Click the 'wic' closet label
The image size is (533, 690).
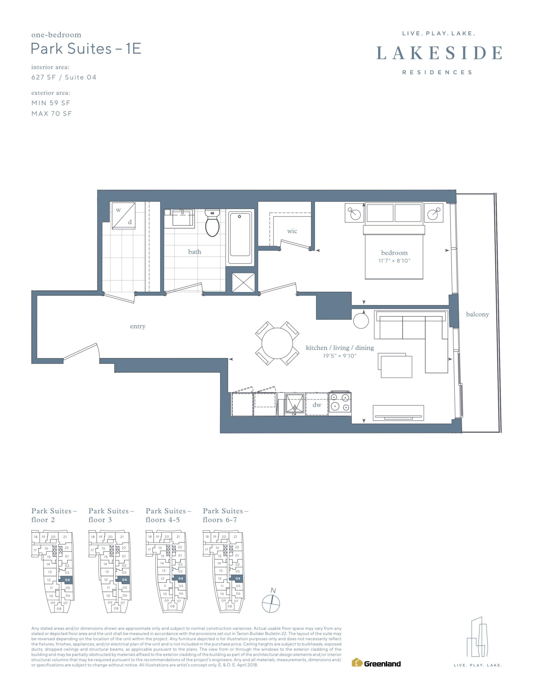pos(292,231)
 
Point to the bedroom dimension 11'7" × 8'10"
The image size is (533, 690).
pos(394,261)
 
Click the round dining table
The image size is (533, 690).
pos(277,343)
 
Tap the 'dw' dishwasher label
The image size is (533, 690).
pos(317,405)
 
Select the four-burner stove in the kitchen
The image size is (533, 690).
pos(340,403)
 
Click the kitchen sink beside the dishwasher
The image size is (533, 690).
pos(295,404)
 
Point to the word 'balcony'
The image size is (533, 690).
pos(477,314)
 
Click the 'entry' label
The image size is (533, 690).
pos(138,326)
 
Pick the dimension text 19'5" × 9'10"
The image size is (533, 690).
pos(340,356)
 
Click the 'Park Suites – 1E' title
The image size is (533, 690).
pos(86,49)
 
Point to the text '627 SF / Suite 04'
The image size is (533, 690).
pos(64,77)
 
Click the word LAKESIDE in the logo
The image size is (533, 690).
pos(439,53)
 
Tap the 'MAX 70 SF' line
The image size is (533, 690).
pos(52,114)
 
